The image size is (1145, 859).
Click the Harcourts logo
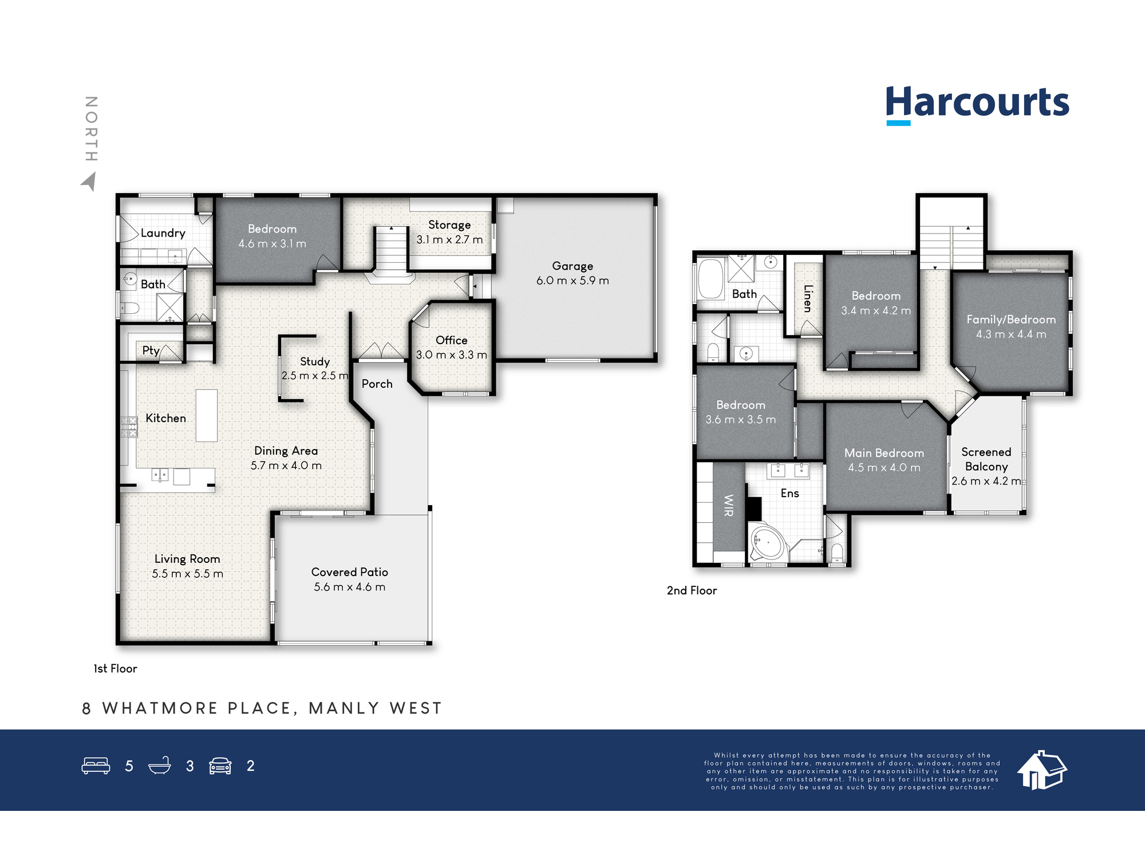pos(977,105)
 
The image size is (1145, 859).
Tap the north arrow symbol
pos(89,182)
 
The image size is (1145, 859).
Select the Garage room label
pos(572,266)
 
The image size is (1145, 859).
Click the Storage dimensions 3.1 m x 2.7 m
pos(449,239)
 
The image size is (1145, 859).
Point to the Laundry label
pos(163,233)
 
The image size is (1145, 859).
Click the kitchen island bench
pos(207,415)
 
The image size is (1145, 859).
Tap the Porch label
pos(377,384)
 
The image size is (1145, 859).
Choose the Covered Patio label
pos(350,572)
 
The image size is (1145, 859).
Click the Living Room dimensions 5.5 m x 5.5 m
pos(188,574)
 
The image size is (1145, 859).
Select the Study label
pos(315,362)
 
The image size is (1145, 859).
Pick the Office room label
pos(452,340)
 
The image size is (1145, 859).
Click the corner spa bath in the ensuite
pos(767,541)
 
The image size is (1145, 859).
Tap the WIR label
pos(729,505)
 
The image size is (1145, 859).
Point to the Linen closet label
pos(808,298)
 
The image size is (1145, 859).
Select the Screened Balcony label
pos(986,459)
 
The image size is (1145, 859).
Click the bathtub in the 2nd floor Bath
pos(711,279)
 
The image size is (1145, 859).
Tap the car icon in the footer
pos(220,766)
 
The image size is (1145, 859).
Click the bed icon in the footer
pos(96,766)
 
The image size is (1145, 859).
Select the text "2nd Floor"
pos(692,590)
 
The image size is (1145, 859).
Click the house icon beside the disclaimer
pos(1042,770)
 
